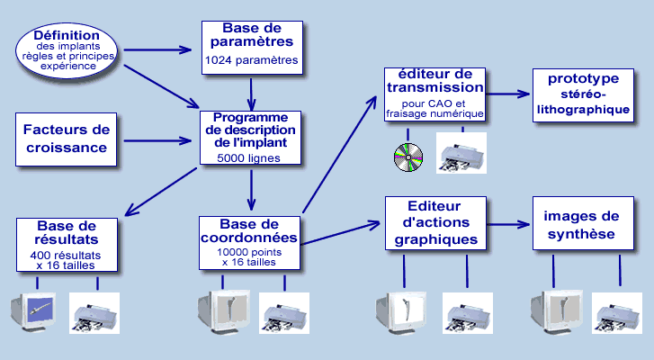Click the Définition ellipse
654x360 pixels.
67,51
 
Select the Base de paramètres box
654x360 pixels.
253,48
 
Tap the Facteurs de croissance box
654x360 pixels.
66,139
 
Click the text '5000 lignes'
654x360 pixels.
248,158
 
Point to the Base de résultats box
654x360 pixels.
67,245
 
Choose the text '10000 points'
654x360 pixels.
249,252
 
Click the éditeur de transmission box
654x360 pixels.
435,94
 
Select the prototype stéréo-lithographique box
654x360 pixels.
583,95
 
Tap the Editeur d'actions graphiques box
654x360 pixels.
436,223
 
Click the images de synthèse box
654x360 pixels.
583,223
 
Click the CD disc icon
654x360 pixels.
408,157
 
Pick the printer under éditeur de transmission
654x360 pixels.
461,153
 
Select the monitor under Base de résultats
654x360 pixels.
33,311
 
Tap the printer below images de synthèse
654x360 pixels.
617,313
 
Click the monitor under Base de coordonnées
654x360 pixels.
224,311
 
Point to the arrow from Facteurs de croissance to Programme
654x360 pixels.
157,140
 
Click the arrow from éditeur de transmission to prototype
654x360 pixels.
508,94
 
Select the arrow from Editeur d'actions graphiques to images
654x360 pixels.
509,224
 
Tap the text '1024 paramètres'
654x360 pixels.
252,60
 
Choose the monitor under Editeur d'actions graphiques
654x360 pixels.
401,313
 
